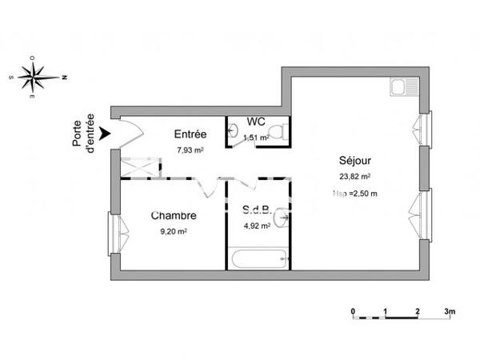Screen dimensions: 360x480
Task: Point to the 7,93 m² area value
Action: coord(190,149)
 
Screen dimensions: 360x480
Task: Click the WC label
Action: coord(256,122)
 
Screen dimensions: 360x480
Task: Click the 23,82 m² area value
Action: coord(354,178)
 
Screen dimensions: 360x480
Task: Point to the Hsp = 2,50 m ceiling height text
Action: coord(354,194)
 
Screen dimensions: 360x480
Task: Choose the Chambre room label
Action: coord(174,216)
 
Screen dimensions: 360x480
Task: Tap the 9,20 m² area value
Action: coord(174,231)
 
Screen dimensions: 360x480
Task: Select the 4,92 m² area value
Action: coord(258,226)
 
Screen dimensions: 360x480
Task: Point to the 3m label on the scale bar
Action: coord(450,310)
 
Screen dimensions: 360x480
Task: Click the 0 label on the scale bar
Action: coord(353,310)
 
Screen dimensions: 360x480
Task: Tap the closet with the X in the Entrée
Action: coord(140,167)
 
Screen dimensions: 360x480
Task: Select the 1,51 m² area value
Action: coord(256,136)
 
